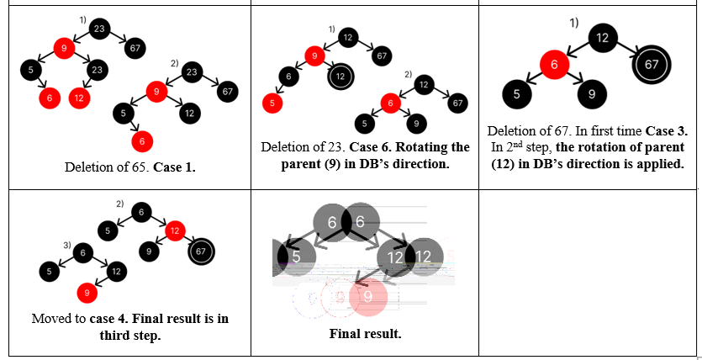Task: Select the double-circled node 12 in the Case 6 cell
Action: [x=340, y=77]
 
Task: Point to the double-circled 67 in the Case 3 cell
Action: [x=651, y=64]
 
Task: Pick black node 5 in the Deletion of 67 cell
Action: [x=516, y=94]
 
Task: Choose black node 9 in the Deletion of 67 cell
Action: [x=592, y=94]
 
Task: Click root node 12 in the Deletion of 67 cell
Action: [x=602, y=37]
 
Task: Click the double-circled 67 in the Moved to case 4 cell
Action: [x=200, y=251]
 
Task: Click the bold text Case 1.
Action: [x=175, y=167]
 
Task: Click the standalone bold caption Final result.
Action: [x=365, y=334]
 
